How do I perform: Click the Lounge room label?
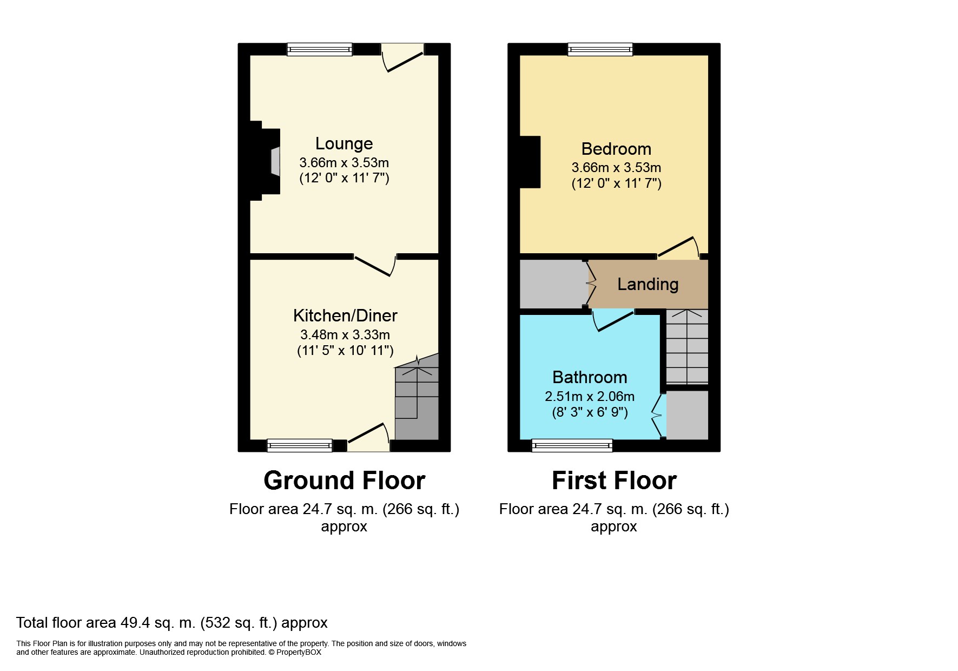344,143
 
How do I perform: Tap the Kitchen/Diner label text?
345,315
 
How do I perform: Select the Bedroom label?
616,149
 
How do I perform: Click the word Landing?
648,284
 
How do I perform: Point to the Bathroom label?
590,377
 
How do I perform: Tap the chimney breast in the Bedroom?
530,162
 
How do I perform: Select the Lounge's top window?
319,50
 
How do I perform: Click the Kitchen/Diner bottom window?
300,445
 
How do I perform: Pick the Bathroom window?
572,445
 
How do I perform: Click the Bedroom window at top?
600,50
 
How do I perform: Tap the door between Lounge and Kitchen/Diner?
375,265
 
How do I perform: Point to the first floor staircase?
686,346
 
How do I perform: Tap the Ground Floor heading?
344,481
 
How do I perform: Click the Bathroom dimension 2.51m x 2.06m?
590,397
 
